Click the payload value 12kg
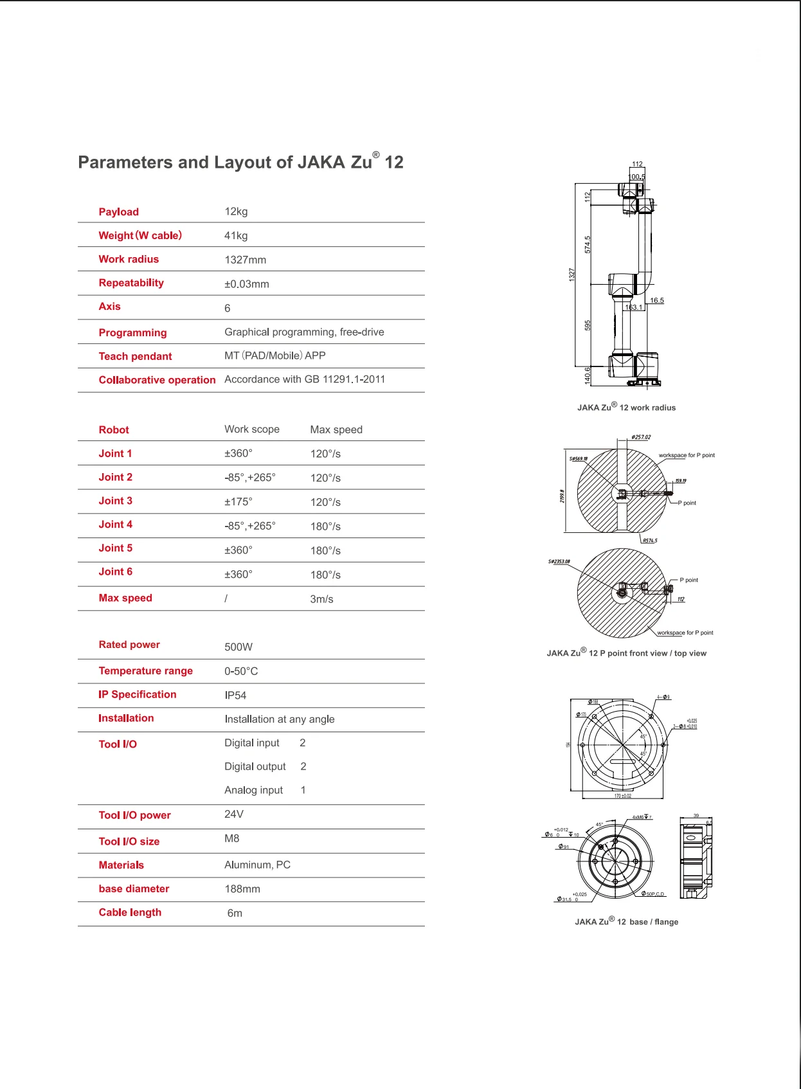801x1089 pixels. pos(236,212)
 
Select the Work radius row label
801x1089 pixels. pos(129,259)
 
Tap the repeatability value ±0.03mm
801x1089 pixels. pos(246,284)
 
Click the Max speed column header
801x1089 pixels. pos(336,429)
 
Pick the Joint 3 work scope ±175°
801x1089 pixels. pos(239,501)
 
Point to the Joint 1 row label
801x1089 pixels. pos(115,453)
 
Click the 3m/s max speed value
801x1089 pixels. pos(321,599)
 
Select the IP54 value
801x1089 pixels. pos(235,696)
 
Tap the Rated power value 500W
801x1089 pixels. pos(239,647)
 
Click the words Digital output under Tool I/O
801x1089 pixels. pos(255,766)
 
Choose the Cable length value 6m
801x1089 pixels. pos(235,913)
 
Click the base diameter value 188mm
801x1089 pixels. pos(242,889)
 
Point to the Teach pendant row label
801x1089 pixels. pos(135,356)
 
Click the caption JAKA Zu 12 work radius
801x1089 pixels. pos(626,408)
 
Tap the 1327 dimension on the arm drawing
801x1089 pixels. pos(571,274)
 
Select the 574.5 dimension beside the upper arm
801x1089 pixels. pos(588,244)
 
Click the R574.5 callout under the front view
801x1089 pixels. pos(650,541)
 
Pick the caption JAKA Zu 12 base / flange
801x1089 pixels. pos(626,922)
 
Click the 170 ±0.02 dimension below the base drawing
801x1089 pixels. pos(622,796)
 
